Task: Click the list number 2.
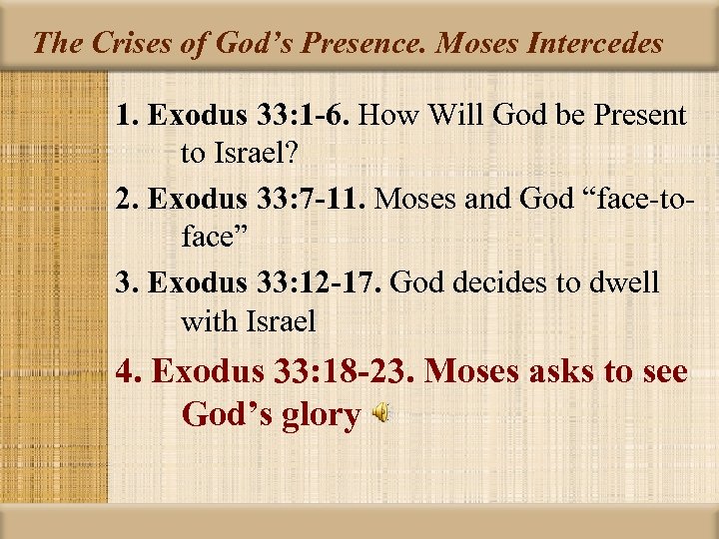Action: tap(126, 200)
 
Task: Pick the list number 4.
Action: tap(129, 372)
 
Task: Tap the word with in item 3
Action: tap(208, 320)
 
